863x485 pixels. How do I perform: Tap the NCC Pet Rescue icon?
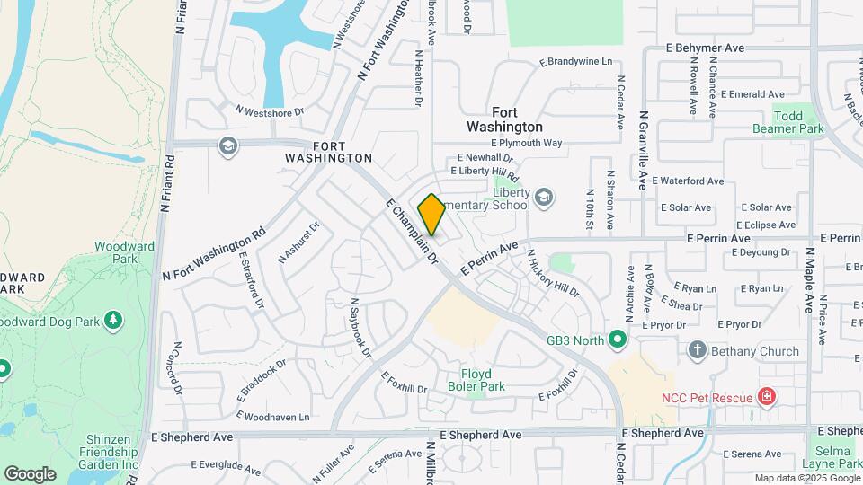pos(766,396)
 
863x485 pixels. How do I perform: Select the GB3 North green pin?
pos(617,340)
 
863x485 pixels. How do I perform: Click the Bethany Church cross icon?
pos(697,350)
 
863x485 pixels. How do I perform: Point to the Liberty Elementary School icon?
pos(543,197)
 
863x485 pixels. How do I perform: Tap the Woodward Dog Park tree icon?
pos(113,321)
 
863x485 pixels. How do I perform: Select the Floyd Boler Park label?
pos(476,380)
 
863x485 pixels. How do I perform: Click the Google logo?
pos(30,473)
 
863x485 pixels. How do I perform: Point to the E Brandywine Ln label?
pos(575,62)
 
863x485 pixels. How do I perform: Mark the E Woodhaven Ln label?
pos(273,417)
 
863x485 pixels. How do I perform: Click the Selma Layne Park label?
pos(836,457)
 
